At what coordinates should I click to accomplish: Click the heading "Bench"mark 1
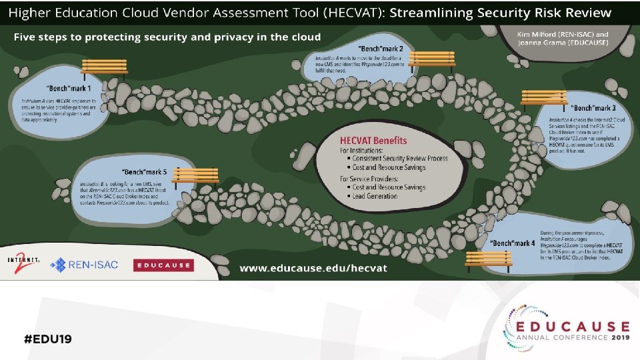click(69, 88)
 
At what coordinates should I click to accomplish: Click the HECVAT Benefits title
click(373, 141)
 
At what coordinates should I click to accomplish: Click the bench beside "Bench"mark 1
click(104, 67)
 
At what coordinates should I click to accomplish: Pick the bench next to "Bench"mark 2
click(431, 59)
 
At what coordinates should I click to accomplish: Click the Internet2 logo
click(25, 262)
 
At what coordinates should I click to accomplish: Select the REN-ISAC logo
click(85, 265)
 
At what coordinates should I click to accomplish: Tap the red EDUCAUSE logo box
click(163, 265)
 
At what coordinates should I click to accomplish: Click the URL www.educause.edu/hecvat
click(313, 267)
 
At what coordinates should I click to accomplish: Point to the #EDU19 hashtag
click(47, 338)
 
